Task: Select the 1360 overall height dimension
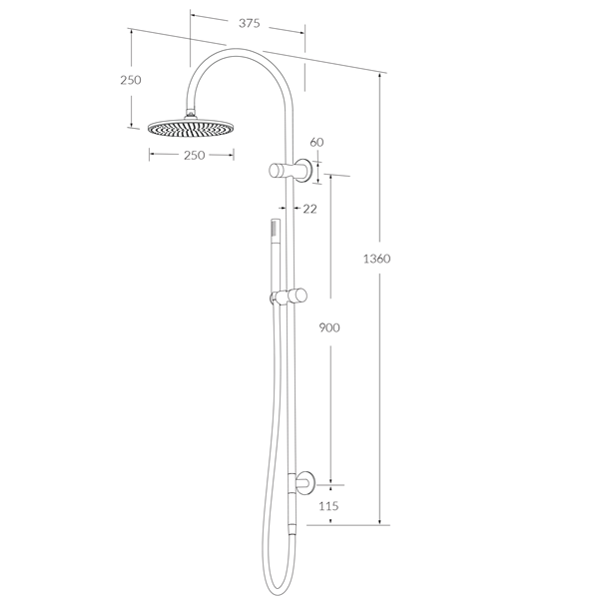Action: (376, 259)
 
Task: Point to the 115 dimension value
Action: (328, 506)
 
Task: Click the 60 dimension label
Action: (316, 143)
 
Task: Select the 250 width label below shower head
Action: (193, 155)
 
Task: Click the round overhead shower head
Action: (192, 128)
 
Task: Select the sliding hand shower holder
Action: (289, 297)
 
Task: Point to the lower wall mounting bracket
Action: (302, 484)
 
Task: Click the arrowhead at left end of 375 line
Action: (194, 17)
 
